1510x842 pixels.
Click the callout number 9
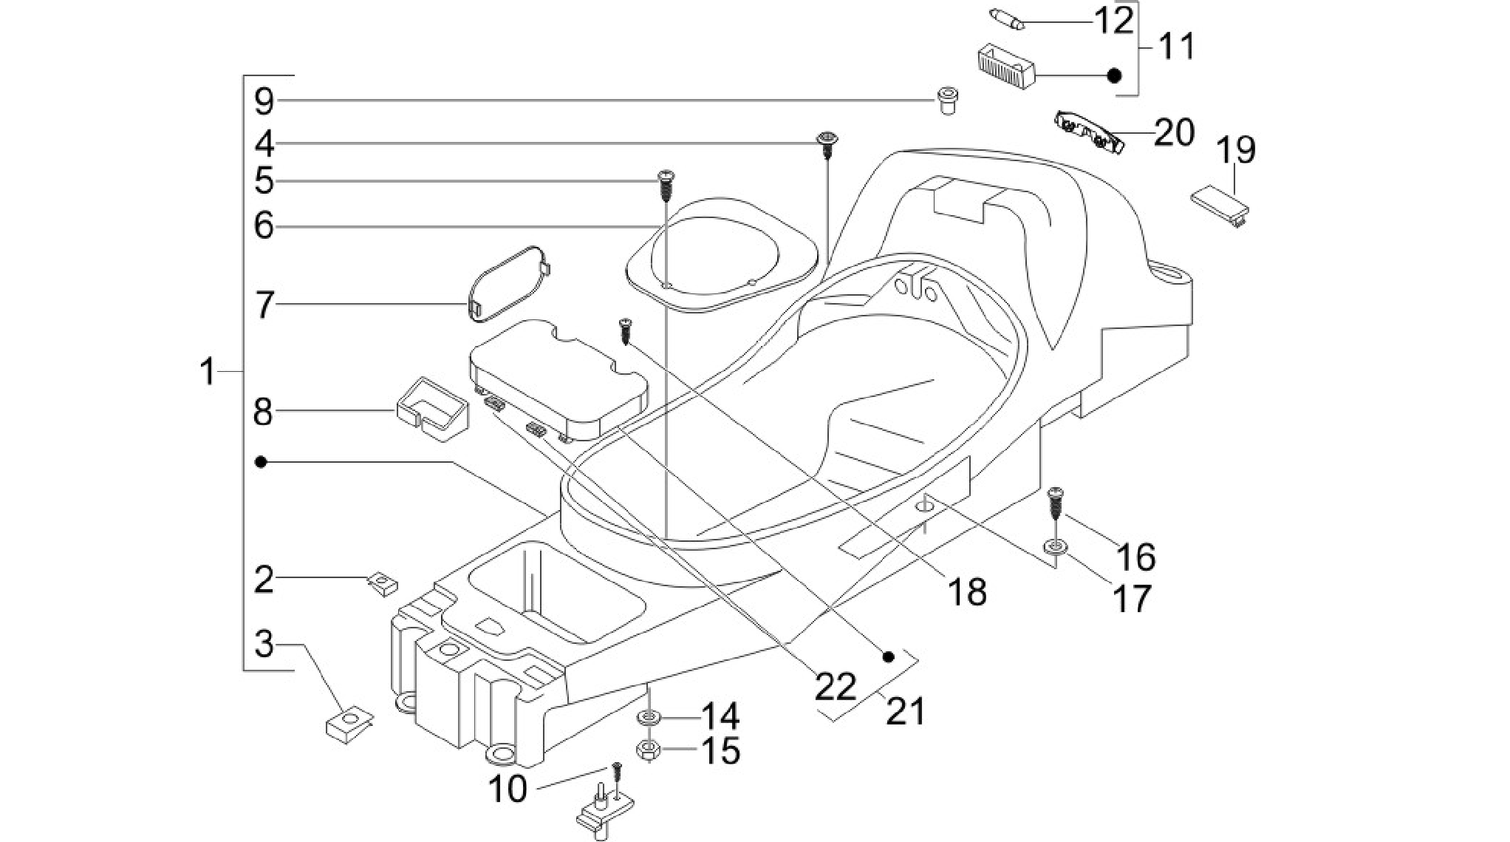point(264,101)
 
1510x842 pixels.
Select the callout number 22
point(836,686)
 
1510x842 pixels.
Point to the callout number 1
point(208,371)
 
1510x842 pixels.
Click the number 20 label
point(1174,133)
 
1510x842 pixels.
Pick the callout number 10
point(508,790)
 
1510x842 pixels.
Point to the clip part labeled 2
point(382,585)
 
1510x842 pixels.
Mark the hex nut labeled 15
point(648,750)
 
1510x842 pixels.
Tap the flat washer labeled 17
point(1055,546)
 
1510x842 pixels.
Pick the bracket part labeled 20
point(1090,132)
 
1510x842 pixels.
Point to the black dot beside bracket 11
point(1116,75)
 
